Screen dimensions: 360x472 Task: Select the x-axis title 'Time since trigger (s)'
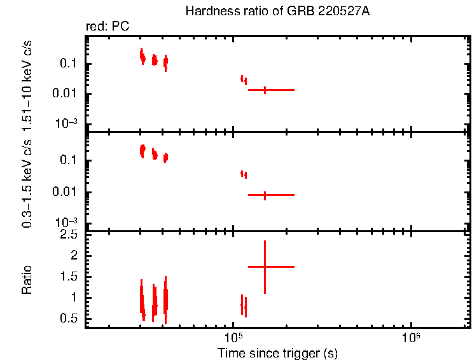click(x=277, y=352)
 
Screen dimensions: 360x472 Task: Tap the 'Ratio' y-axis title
click(x=27, y=280)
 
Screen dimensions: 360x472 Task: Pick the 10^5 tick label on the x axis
click(x=233, y=336)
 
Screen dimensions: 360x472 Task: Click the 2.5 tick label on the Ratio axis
click(x=70, y=235)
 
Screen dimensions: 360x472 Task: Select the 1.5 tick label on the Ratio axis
click(x=70, y=277)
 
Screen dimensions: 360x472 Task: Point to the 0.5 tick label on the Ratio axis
click(x=70, y=318)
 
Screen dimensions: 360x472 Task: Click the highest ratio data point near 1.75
click(x=265, y=267)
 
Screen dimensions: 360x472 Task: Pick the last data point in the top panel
click(x=265, y=90)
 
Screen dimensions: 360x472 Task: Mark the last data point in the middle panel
click(x=265, y=195)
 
